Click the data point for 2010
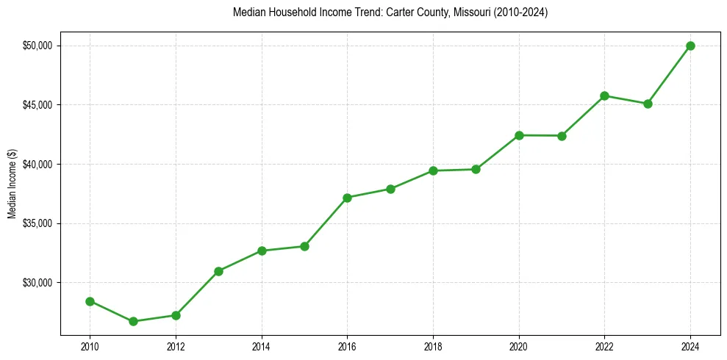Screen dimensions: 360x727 [x=90, y=301]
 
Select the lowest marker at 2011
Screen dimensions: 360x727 [x=133, y=321]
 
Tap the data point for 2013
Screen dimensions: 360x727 [x=218, y=271]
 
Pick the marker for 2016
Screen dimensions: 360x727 [x=347, y=198]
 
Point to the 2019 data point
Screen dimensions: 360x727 [x=476, y=169]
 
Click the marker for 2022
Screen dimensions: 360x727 [x=604, y=96]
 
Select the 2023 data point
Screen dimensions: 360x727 [x=648, y=104]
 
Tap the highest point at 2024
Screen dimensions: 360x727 [x=690, y=46]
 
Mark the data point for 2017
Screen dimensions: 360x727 [x=390, y=189]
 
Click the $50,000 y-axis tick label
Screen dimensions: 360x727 [x=38, y=46]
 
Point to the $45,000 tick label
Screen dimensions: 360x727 [x=38, y=105]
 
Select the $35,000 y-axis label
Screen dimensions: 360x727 [x=38, y=223]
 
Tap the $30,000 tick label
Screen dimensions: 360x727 [x=38, y=283]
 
